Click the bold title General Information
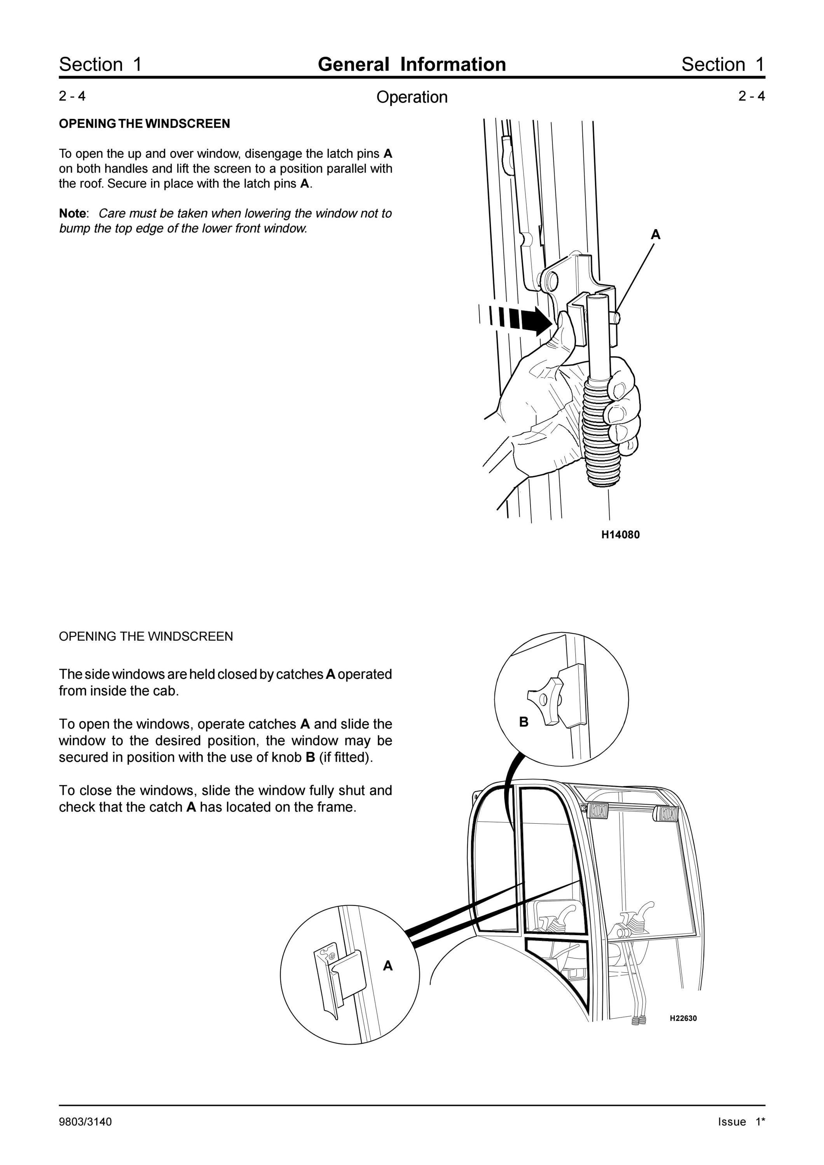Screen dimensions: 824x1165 click(412, 64)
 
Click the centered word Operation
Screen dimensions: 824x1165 click(412, 97)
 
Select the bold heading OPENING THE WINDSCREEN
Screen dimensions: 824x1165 click(144, 124)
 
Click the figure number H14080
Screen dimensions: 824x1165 click(620, 535)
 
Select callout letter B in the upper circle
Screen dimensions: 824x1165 click(524, 722)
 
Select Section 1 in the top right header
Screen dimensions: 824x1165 click(723, 64)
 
